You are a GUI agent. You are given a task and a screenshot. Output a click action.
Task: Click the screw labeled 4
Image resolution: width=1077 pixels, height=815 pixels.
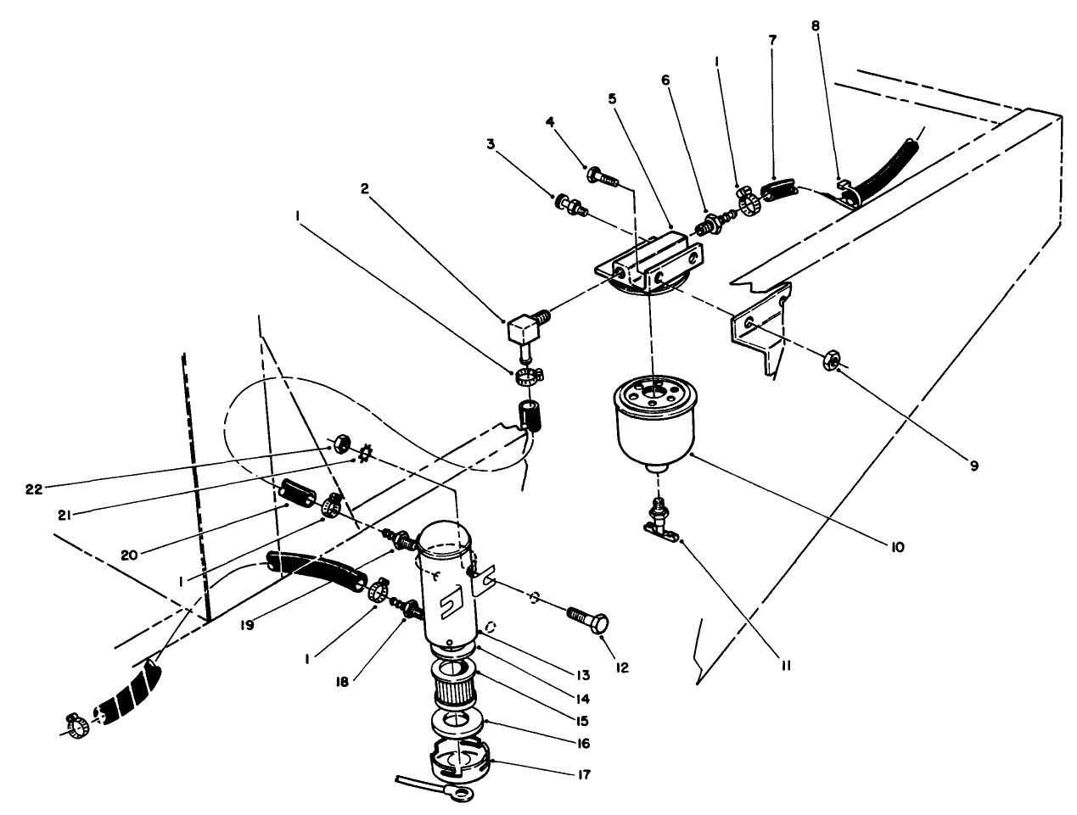(x=601, y=177)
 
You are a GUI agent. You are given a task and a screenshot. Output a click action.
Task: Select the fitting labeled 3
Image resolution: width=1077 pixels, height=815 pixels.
(x=568, y=204)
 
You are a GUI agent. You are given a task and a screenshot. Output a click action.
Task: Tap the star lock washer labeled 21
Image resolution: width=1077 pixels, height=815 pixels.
(x=367, y=455)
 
